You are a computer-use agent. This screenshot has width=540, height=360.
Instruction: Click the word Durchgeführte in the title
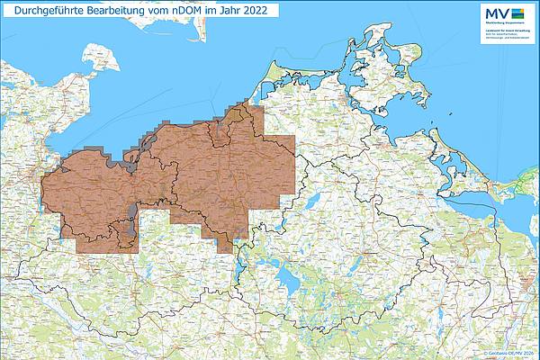coord(43,10)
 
